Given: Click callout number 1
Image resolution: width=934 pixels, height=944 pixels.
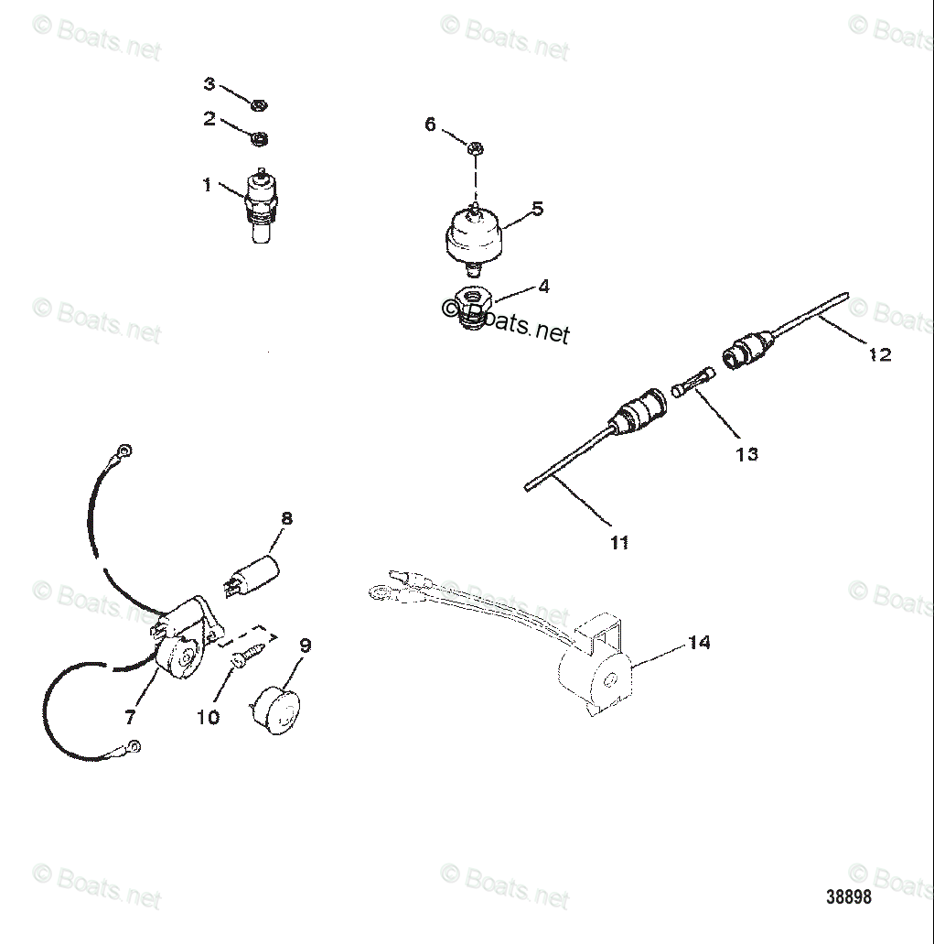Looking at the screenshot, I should tap(208, 185).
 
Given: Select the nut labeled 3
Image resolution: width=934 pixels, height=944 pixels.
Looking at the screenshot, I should tap(259, 106).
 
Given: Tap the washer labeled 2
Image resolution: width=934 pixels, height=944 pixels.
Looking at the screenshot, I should tap(260, 139).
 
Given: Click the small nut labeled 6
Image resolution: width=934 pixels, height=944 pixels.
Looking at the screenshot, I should tap(475, 147).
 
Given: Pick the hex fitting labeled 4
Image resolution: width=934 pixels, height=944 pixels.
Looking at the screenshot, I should tap(475, 301).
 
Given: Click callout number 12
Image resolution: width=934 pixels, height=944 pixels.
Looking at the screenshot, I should tap(879, 354).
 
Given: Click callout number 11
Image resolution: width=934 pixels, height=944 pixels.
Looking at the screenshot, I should tap(619, 543).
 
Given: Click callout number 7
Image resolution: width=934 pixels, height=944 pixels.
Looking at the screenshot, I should tap(129, 718).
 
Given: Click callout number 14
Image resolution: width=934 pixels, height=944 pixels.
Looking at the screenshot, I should tap(698, 643).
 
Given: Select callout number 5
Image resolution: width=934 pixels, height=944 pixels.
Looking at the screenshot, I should tap(537, 209).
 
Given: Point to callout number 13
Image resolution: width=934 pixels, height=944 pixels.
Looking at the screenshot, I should tap(746, 453).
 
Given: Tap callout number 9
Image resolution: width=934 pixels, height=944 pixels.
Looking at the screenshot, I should tap(305, 646).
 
